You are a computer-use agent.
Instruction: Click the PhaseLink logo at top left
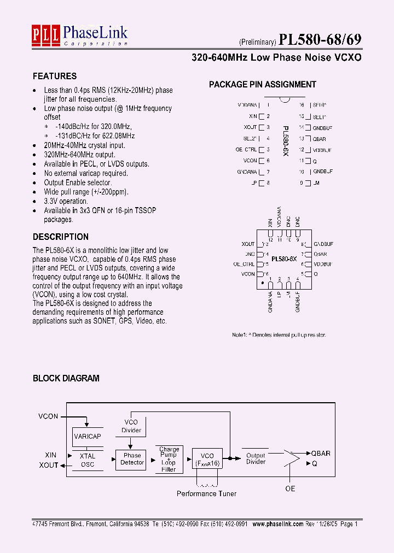pos(79,36)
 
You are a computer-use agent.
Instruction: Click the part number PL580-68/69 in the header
pos(320,40)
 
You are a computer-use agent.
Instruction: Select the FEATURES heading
pos(55,76)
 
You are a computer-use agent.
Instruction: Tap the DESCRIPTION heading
pos(60,237)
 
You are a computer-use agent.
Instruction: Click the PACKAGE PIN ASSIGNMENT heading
pos(263,84)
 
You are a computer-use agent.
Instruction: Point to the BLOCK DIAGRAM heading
pos(66,378)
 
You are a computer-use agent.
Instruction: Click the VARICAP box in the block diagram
pos(87,437)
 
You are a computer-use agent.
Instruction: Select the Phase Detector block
pos(132,459)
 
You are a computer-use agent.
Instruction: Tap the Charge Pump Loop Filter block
pos(169,459)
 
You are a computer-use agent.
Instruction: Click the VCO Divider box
pos(131,426)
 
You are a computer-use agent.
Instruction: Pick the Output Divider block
pos(256,458)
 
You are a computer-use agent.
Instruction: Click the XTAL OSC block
pos(87,460)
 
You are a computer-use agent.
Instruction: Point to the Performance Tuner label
pos(206,493)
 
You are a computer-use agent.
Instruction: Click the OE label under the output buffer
pos(290,488)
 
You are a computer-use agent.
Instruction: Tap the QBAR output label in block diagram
pos(321,454)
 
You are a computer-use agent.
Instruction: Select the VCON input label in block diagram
pos(48,416)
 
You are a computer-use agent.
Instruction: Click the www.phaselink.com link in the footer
pos(277,523)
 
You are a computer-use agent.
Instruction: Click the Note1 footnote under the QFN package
pos(279,334)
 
